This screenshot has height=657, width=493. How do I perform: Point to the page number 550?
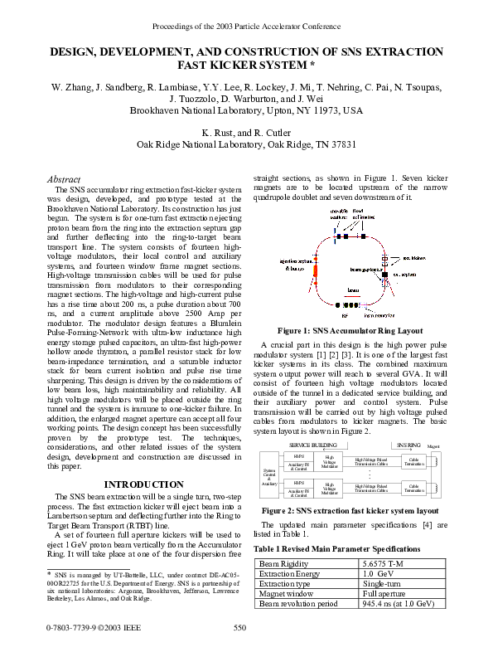240,628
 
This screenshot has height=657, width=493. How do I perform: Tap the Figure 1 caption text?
350,330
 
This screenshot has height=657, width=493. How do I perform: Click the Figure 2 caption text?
350,510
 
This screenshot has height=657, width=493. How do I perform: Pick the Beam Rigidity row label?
285,563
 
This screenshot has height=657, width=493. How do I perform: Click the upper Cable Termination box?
415,460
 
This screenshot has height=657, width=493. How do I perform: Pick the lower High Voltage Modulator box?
330,489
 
